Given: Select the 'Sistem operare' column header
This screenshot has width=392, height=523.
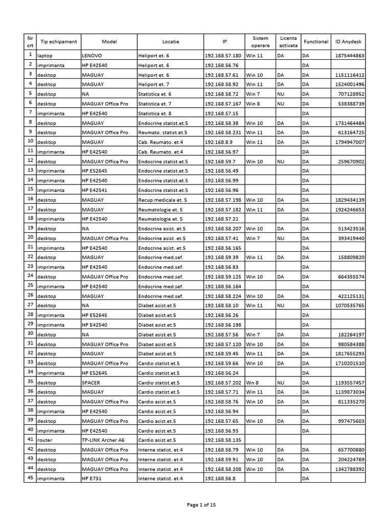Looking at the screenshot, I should (260, 41).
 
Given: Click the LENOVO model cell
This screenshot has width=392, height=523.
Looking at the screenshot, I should (92, 56).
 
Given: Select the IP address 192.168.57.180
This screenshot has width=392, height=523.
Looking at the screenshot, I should (223, 56).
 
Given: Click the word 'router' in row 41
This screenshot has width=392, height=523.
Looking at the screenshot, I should (45, 440).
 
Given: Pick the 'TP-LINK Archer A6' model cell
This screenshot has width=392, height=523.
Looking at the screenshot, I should (103, 440).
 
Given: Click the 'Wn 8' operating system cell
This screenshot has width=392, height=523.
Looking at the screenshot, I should (253, 383).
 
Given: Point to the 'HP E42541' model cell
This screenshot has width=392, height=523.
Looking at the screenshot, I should (94, 190).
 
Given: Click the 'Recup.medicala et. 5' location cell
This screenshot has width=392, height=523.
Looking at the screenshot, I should (162, 200).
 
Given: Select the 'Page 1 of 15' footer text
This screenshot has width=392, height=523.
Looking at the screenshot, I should (202, 506).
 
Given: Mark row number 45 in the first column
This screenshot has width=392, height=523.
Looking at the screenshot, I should (30, 478).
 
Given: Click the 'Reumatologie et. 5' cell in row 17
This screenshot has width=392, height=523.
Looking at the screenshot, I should (160, 209).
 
